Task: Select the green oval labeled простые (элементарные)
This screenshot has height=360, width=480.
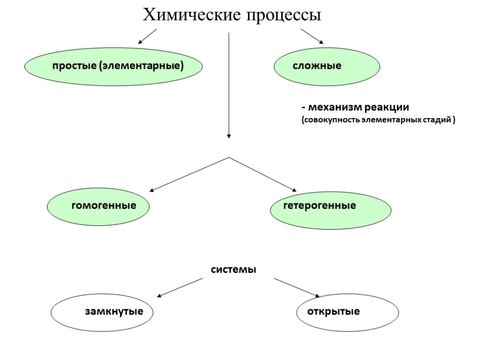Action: [114, 66]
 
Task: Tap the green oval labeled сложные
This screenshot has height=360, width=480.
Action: [327, 66]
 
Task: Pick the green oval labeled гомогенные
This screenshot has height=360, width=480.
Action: [98, 206]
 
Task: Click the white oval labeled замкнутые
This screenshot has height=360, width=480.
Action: [102, 312]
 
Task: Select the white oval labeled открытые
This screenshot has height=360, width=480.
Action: [348, 312]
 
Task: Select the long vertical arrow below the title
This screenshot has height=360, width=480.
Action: [229, 84]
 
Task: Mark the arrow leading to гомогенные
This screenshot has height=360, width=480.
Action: [189, 174]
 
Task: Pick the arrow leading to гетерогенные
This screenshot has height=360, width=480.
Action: [262, 174]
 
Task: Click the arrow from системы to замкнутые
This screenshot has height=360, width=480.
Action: [180, 287]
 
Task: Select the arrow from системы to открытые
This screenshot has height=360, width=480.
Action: [296, 287]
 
